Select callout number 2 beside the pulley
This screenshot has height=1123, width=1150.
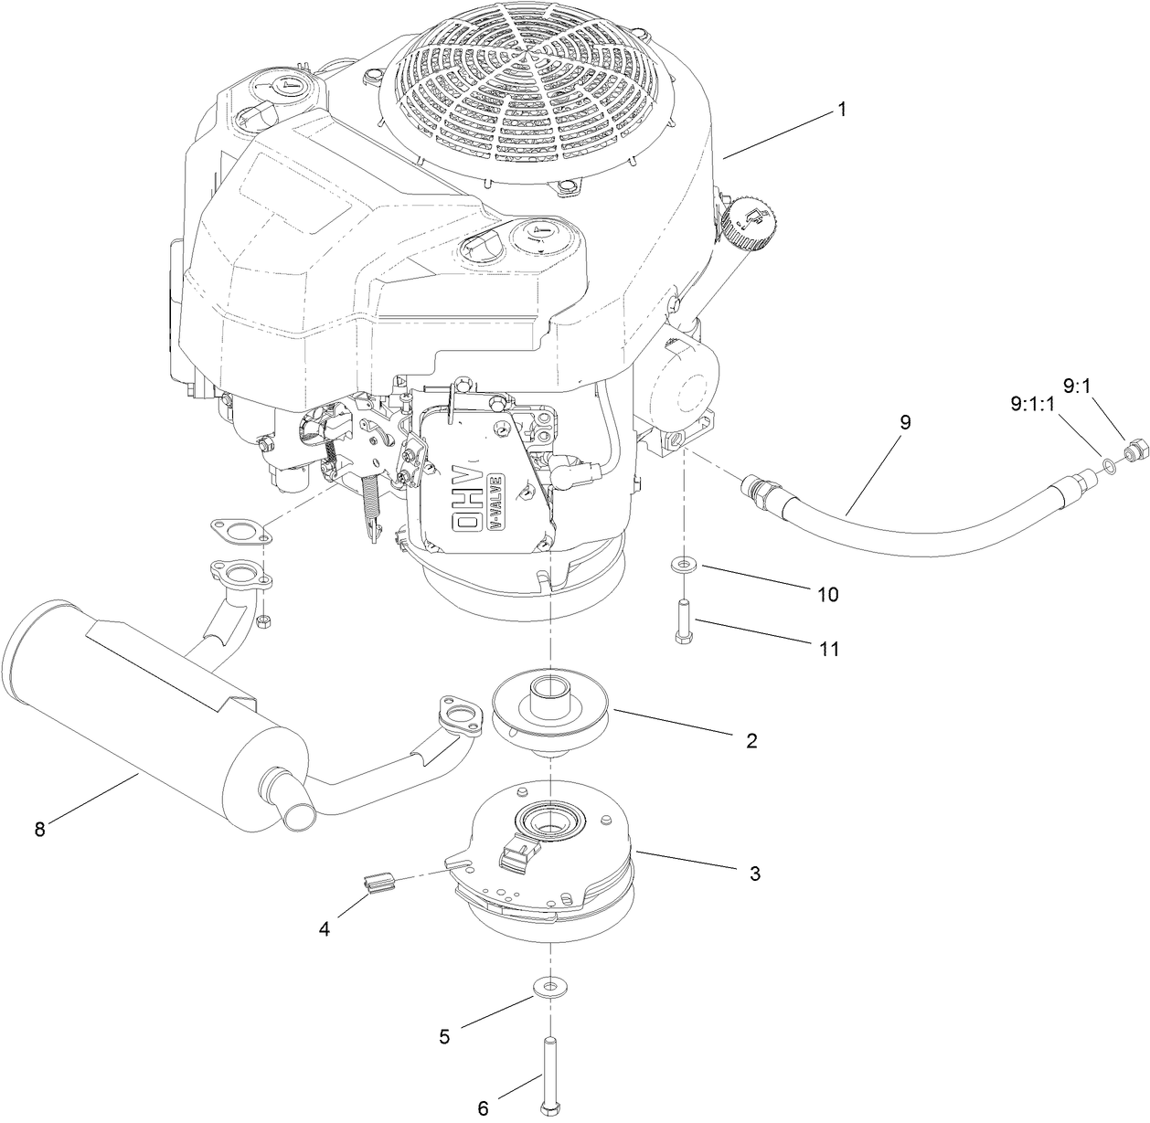point(751,740)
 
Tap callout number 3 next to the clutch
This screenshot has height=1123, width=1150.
point(755,874)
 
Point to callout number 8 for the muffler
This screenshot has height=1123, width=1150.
point(39,829)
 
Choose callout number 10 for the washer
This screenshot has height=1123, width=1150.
point(826,595)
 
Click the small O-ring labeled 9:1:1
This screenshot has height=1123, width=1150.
point(1109,467)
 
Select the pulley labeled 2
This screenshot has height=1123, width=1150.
point(551,711)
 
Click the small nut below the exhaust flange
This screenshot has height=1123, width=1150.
point(262,621)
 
